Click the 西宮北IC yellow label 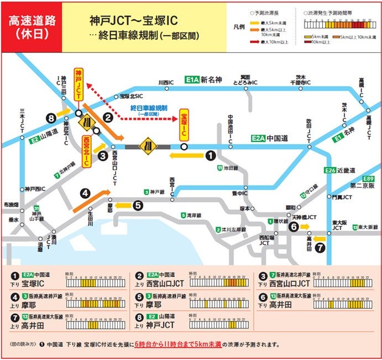[87, 150]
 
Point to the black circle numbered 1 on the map [210, 156]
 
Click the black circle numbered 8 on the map [52, 118]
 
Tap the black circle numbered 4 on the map [85, 193]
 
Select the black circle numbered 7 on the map [320, 248]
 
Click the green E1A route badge [191, 81]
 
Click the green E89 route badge [369, 178]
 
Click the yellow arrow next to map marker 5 [124, 206]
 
